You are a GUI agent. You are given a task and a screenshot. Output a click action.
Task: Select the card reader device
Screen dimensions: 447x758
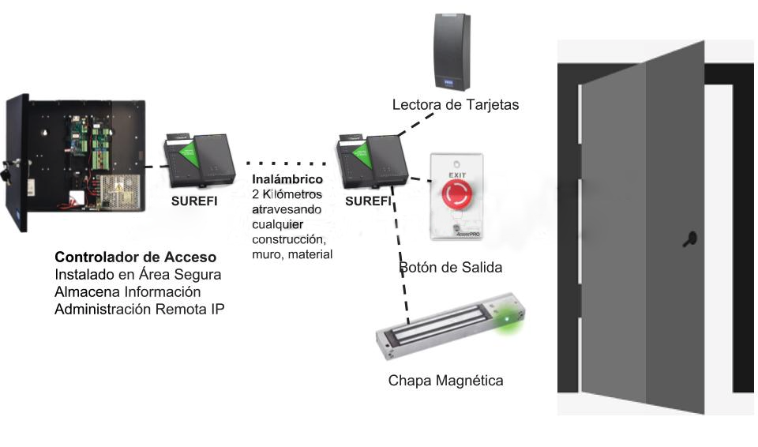(452, 51)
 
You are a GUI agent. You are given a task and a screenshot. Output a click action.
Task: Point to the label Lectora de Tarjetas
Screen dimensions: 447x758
(456, 104)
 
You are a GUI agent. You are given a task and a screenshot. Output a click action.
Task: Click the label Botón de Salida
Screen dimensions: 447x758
(450, 268)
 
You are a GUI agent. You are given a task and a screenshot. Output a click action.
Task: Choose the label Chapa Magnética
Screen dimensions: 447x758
(445, 381)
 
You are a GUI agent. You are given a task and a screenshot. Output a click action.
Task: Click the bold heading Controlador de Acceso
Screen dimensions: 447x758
(135, 258)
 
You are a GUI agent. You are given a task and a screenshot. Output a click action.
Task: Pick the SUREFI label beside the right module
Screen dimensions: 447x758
(368, 201)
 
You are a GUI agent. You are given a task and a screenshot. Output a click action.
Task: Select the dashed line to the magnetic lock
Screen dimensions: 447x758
(400, 261)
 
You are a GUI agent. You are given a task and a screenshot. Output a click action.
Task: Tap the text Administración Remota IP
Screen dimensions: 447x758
(140, 310)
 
